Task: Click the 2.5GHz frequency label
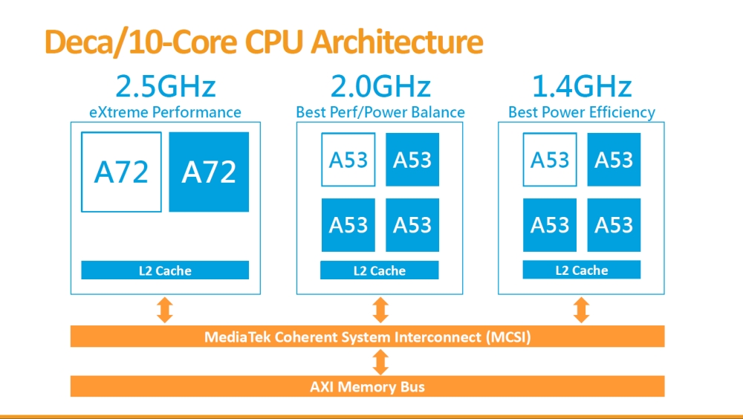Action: coord(165,87)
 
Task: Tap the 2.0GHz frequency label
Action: coord(380,87)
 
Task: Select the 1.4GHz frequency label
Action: coord(582,87)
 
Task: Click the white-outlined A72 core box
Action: coord(121,172)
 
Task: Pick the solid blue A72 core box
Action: coord(209,172)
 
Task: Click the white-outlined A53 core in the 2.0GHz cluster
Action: coord(348,160)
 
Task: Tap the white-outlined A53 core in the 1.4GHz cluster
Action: coord(550,160)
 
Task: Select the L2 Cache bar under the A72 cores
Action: coord(165,270)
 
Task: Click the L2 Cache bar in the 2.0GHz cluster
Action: coord(380,270)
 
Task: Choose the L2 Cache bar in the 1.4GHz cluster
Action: coord(582,270)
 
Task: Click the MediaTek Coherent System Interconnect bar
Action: coord(367,337)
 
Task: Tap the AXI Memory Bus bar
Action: coord(367,386)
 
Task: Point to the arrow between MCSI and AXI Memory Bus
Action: coord(380,362)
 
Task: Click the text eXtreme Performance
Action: coord(165,113)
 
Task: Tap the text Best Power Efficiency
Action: coord(582,113)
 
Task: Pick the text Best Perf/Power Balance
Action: coord(380,113)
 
